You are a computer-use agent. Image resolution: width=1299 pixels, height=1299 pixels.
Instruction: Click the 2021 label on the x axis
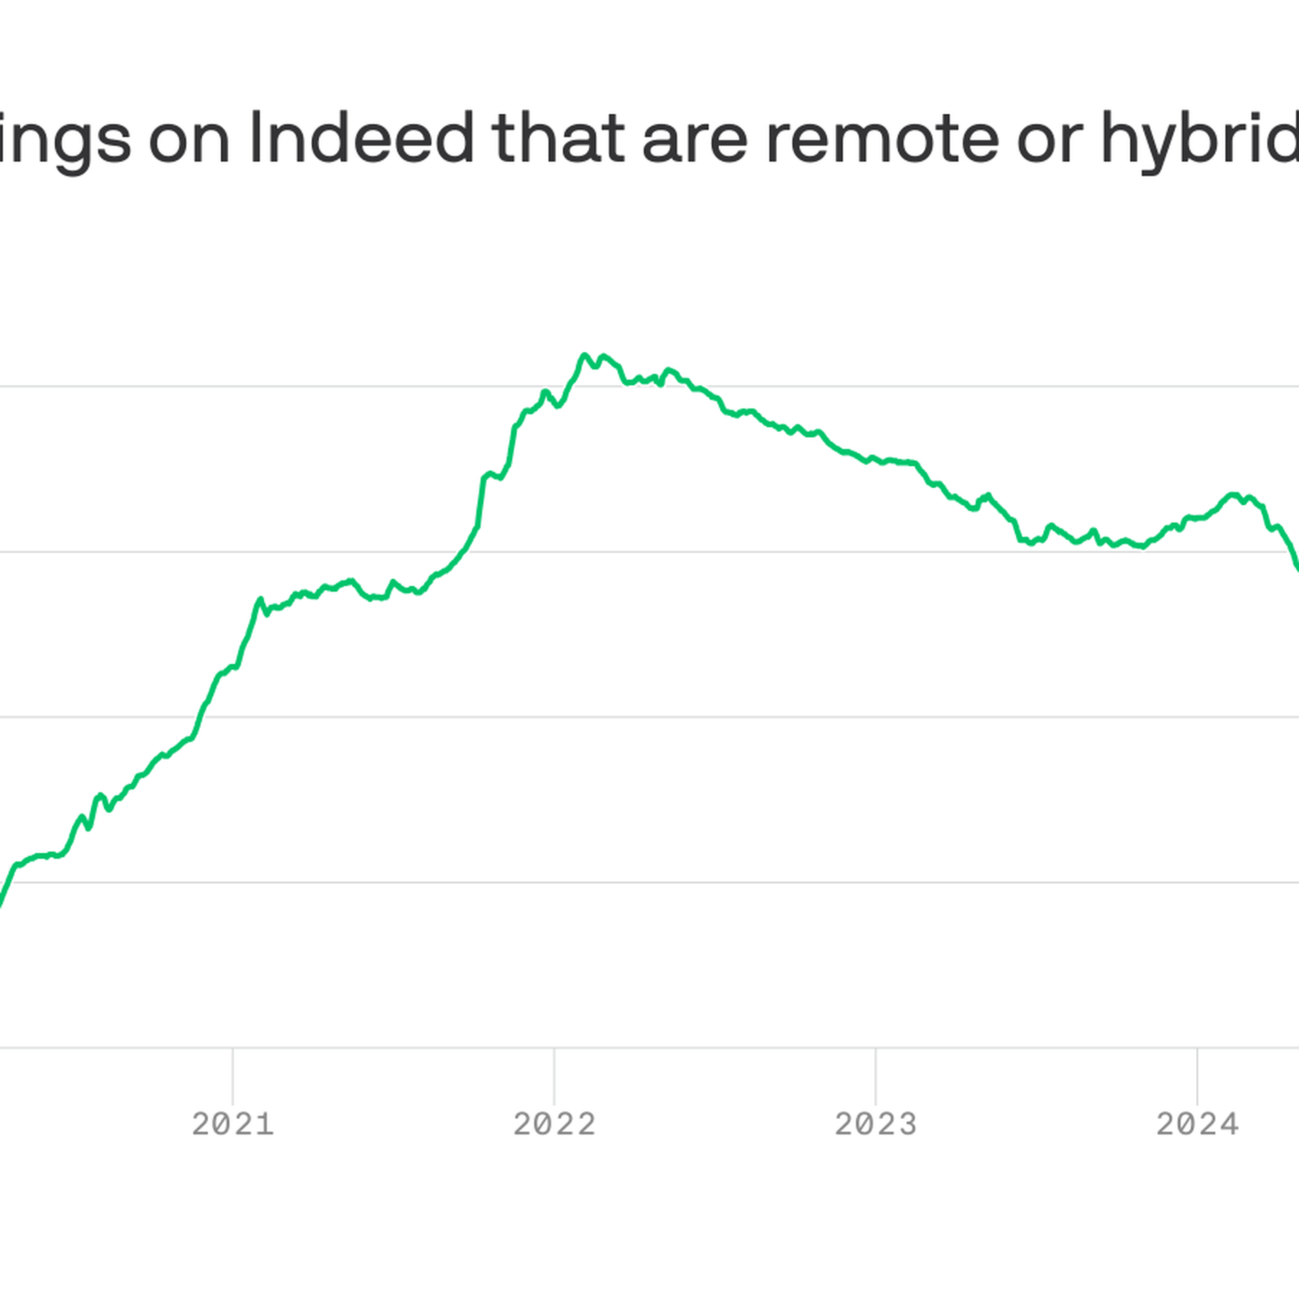pyautogui.click(x=233, y=1124)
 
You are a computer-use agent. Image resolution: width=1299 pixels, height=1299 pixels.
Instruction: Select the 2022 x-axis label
pyautogui.click(x=554, y=1124)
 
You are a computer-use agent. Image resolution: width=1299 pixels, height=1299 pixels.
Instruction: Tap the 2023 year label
pyautogui.click(x=875, y=1124)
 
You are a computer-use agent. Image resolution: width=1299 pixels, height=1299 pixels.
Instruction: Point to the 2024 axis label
pyautogui.click(x=1197, y=1124)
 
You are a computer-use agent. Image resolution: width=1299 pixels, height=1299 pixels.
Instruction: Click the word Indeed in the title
pyautogui.click(x=362, y=139)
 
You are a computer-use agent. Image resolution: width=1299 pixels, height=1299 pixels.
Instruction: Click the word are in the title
pyautogui.click(x=695, y=139)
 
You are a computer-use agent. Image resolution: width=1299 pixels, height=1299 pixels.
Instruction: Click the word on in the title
pyautogui.click(x=189, y=139)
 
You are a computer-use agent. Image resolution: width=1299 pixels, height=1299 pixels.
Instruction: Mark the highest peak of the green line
pyautogui.click(x=585, y=355)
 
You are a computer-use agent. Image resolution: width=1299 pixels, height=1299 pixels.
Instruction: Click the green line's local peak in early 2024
pyautogui.click(x=1233, y=495)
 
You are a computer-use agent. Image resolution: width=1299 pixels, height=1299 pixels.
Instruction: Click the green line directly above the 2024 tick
pyautogui.click(x=1197, y=518)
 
